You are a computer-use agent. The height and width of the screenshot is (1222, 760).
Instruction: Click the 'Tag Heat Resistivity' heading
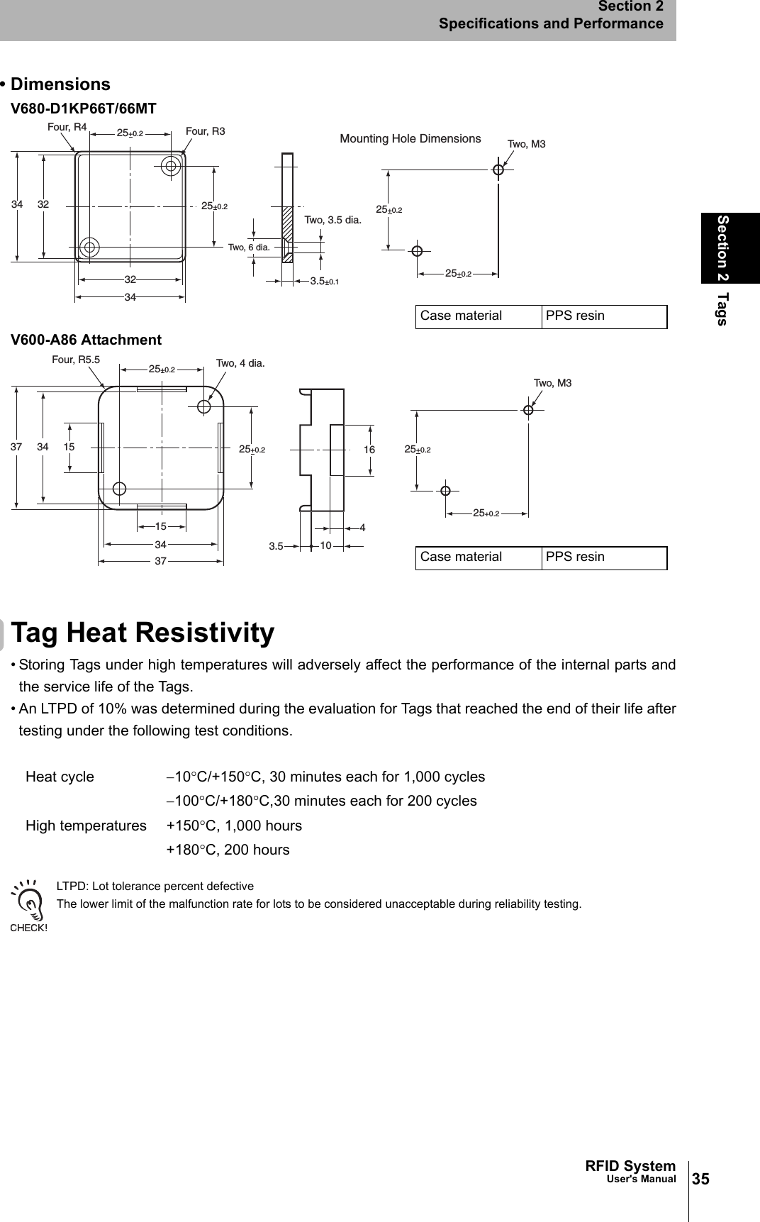(142, 633)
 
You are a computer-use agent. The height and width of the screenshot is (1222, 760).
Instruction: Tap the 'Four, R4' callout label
(67, 127)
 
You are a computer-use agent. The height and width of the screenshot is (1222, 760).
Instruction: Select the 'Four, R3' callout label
(205, 131)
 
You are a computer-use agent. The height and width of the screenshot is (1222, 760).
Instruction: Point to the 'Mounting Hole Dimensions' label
(410, 139)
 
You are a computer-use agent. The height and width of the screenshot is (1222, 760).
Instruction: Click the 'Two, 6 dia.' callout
(248, 248)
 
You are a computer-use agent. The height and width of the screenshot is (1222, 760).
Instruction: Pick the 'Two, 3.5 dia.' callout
(332, 220)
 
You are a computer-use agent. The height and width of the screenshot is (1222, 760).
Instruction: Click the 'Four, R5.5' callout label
(76, 360)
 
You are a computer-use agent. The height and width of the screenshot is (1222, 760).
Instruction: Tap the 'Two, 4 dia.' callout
(240, 363)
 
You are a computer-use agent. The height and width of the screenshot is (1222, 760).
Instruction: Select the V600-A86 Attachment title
(86, 340)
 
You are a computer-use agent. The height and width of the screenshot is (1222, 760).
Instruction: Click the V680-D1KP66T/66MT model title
(83, 109)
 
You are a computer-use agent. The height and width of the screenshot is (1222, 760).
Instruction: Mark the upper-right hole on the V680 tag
(171, 166)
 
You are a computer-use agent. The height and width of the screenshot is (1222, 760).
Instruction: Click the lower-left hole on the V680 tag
(89, 248)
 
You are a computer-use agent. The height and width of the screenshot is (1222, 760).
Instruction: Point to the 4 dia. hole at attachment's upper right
(204, 407)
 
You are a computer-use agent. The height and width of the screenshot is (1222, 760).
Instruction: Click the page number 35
(700, 1179)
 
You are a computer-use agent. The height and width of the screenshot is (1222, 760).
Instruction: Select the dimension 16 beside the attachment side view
(369, 450)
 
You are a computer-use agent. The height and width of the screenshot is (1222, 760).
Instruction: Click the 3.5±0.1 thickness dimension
(324, 282)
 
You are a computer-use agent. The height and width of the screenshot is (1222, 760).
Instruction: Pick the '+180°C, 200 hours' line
(228, 850)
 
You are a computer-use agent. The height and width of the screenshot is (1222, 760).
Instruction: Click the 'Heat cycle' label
(60, 777)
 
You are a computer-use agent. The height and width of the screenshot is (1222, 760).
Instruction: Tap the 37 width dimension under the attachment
(161, 561)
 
